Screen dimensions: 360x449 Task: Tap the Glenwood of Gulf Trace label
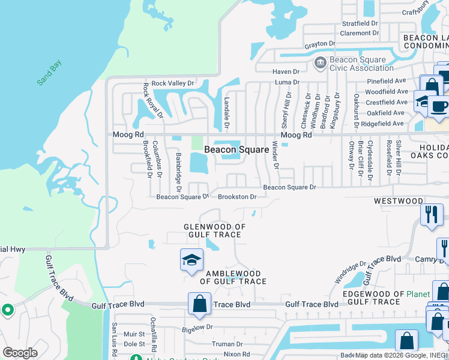(x=215, y=230)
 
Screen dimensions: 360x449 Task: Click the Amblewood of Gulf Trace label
(x=233, y=277)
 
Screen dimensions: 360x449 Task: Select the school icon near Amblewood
(x=192, y=260)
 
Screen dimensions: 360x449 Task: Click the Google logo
(x=20, y=353)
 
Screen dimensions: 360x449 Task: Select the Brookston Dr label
(x=237, y=196)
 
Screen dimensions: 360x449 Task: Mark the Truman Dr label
(x=227, y=344)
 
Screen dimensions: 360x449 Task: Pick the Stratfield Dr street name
(x=360, y=24)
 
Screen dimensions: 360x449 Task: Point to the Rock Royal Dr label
(x=145, y=98)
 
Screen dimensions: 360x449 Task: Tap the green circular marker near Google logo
(x=7, y=310)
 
